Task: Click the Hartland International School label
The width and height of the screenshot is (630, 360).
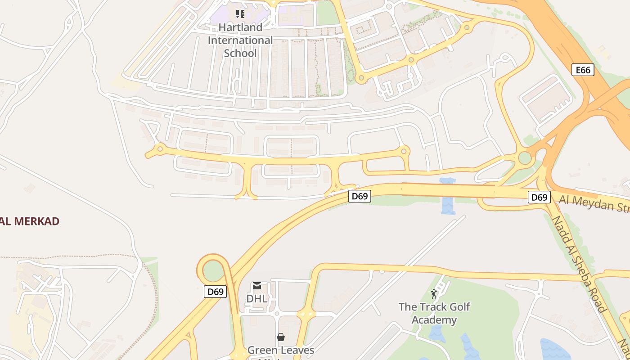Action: [x=240, y=40]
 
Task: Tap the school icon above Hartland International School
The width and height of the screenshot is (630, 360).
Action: [x=240, y=14]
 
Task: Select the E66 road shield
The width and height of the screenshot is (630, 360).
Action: [x=583, y=70]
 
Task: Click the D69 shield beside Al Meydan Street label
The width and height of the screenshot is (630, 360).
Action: [x=539, y=197]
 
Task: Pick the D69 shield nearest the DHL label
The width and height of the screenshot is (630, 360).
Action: [x=215, y=292]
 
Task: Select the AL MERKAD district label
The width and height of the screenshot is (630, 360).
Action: [x=30, y=221]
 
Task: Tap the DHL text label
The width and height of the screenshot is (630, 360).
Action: [x=256, y=298]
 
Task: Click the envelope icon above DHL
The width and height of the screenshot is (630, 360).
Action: [x=256, y=286]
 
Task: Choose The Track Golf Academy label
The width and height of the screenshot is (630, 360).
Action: [x=434, y=313]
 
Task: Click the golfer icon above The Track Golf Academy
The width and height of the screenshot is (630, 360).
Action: [x=434, y=294]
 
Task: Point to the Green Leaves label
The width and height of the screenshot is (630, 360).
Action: [x=281, y=350]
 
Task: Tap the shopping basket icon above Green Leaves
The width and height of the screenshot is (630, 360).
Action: [x=281, y=337]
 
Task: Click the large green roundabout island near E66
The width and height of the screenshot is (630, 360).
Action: [x=525, y=158]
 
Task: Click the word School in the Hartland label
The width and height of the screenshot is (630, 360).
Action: [x=240, y=53]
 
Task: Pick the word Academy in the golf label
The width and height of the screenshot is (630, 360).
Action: [x=434, y=320]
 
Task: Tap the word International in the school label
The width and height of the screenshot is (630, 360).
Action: [x=240, y=40]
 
